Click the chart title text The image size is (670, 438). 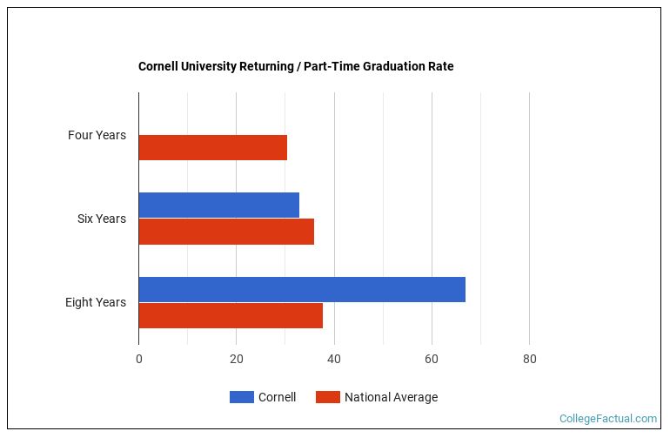click(296, 66)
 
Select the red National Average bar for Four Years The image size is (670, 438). click(212, 148)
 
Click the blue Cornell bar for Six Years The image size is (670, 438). click(218, 206)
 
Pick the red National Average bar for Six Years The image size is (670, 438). click(226, 232)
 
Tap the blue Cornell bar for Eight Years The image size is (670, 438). click(302, 289)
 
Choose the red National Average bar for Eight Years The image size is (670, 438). click(231, 315)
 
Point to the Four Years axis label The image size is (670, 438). click(97, 135)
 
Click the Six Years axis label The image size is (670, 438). click(101, 219)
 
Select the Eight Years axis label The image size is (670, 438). click(95, 302)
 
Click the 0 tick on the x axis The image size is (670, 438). click(138, 359)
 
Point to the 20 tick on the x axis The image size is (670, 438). click(236, 359)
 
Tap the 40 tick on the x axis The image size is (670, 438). click(334, 359)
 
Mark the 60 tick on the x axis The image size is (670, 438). click(432, 359)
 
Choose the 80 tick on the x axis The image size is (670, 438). click(529, 359)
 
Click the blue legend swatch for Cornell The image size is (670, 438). click(241, 397)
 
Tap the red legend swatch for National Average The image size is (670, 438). click(327, 397)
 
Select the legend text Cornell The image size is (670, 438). click(277, 397)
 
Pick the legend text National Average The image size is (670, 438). click(391, 397)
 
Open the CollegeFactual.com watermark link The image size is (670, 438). click(608, 419)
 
